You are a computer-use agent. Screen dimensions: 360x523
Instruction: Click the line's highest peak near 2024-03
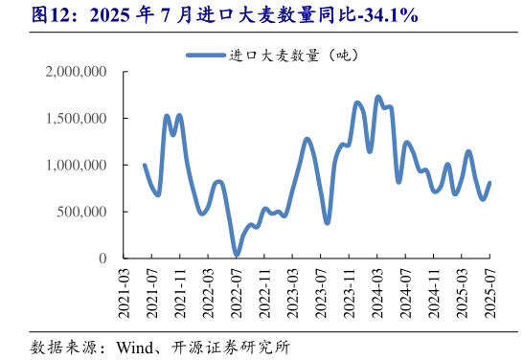point(377,97)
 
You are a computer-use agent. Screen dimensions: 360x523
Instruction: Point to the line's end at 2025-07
point(490,183)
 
